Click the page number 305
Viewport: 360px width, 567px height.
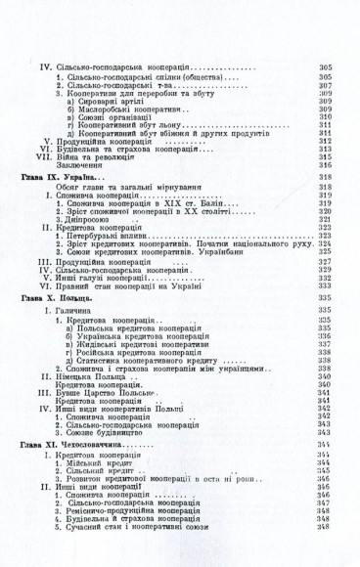pyautogui.click(x=326, y=66)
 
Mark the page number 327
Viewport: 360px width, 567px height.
pyautogui.click(x=326, y=261)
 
